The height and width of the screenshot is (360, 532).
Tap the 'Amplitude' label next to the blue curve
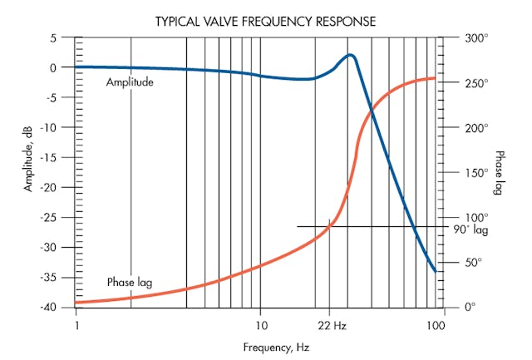(x=131, y=82)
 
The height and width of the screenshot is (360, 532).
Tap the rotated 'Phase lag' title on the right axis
(x=500, y=173)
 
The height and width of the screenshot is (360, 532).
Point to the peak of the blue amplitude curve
(x=351, y=56)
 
